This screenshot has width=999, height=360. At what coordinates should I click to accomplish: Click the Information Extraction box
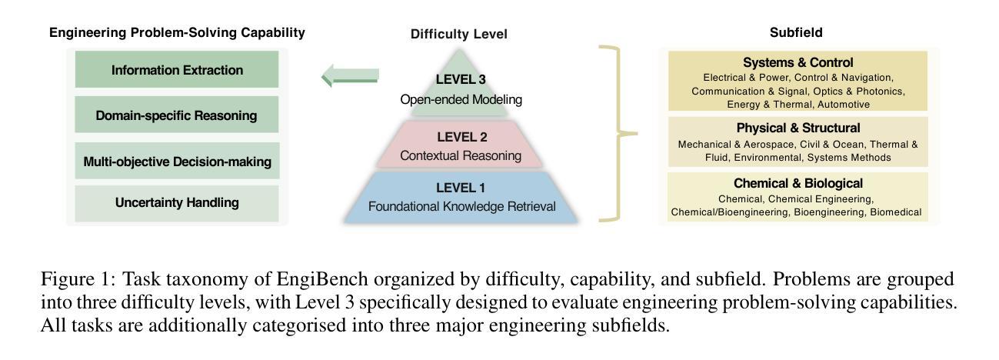(177, 70)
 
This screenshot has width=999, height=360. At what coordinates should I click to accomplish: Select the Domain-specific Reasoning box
(177, 115)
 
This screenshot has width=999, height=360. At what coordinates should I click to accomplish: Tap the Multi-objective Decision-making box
(177, 162)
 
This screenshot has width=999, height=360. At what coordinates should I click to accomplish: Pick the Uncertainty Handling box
(177, 203)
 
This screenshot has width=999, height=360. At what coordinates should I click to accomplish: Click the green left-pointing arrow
(350, 75)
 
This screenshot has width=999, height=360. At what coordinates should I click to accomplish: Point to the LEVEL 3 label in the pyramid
(461, 79)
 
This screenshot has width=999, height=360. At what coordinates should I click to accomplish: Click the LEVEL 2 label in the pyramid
(461, 137)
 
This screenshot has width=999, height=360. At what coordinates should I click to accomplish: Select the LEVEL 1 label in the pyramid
(461, 188)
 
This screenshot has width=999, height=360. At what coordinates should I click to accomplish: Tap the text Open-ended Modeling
(461, 99)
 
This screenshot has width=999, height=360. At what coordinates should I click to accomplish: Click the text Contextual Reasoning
(461, 155)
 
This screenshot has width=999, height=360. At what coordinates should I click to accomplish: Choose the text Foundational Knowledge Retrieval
(461, 206)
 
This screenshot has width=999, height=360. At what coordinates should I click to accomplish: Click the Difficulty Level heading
(458, 34)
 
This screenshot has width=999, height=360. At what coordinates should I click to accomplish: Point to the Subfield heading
(796, 32)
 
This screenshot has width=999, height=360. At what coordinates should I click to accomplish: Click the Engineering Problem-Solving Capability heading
(177, 32)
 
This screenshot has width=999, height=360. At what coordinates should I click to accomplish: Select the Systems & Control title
(798, 62)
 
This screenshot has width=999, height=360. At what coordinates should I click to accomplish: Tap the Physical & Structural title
(798, 128)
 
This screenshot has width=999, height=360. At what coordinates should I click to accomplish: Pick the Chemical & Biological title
(798, 183)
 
